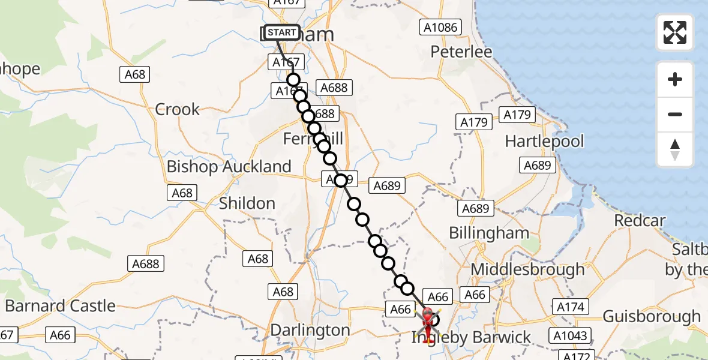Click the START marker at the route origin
click(x=281, y=32)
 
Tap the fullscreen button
click(x=675, y=32)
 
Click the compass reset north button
click(x=675, y=150)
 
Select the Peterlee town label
click(x=461, y=52)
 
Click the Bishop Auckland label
click(x=229, y=166)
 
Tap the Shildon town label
click(x=247, y=203)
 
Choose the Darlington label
click(x=310, y=330)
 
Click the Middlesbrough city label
click(x=527, y=269)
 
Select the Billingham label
click(x=489, y=233)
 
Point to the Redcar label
click(x=640, y=220)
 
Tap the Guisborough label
click(x=652, y=316)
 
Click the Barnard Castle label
click(x=60, y=306)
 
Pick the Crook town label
click(x=177, y=109)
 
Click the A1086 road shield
click(x=440, y=27)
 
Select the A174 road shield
click(x=570, y=307)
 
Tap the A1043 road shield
click(x=570, y=336)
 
